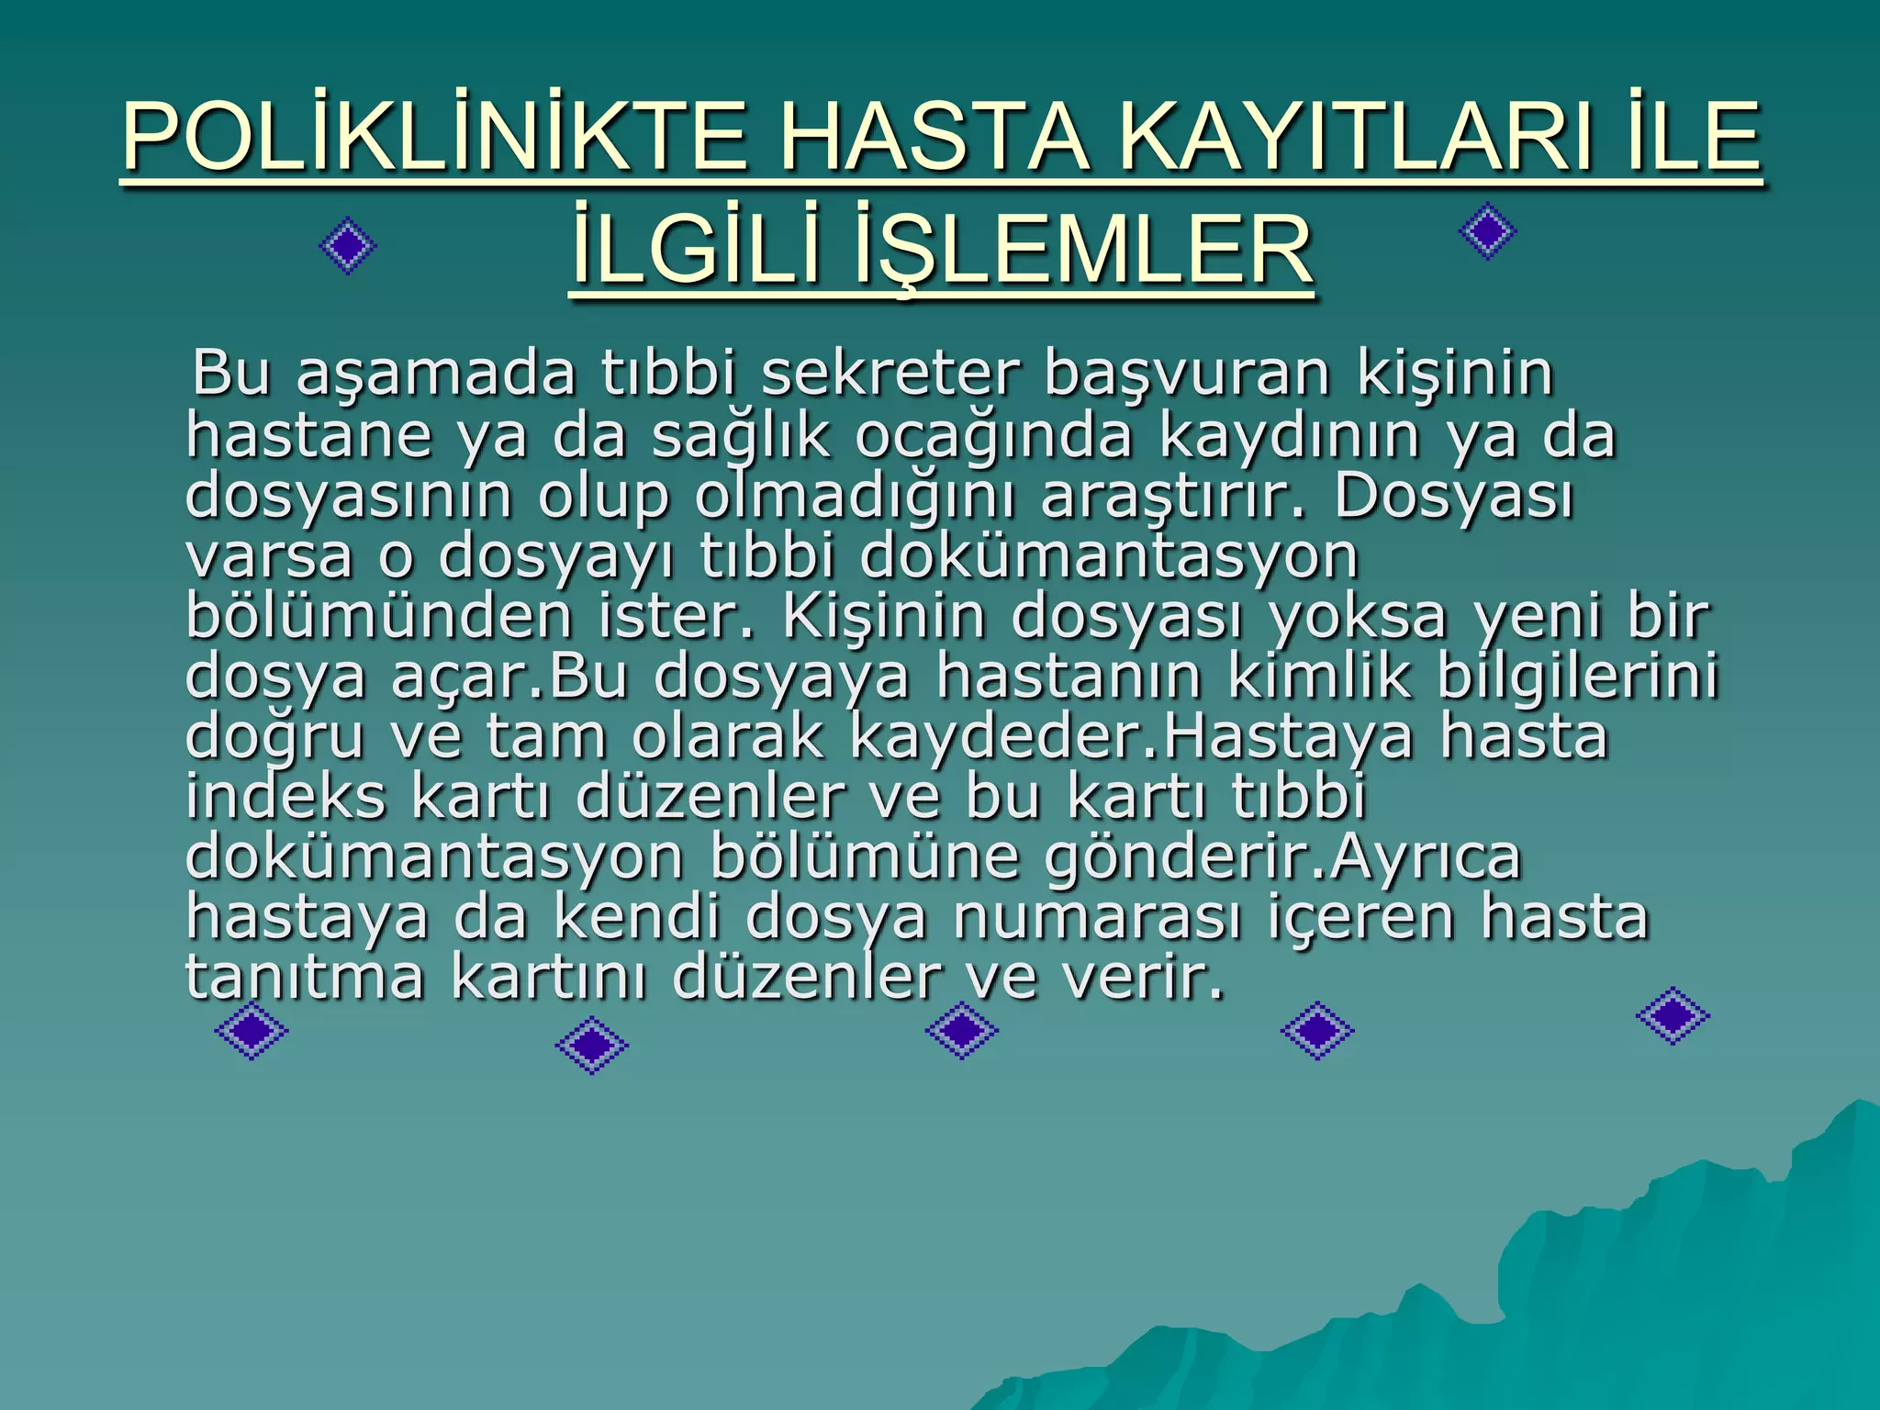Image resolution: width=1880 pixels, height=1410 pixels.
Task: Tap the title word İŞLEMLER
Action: coord(1083,250)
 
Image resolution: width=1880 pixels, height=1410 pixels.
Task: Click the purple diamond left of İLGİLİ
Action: coord(348,245)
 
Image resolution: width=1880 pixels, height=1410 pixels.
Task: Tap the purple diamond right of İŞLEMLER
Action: coord(1487,231)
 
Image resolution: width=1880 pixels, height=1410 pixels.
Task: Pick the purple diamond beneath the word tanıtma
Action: coord(252,1031)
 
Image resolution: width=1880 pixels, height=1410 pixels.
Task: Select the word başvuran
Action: coord(1188,375)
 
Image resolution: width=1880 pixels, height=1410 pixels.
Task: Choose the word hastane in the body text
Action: coord(309,435)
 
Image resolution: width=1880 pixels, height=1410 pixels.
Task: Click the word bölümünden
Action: coord(379,616)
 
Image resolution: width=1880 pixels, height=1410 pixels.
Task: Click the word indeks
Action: coord(285,796)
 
